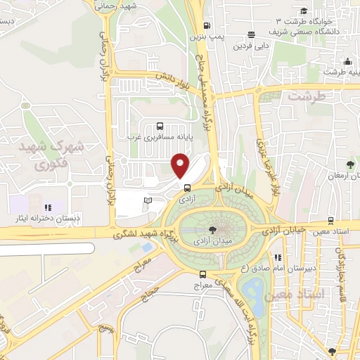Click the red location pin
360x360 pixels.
point(181,165)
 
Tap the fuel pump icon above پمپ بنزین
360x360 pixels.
point(197,23)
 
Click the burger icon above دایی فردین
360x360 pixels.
point(251,34)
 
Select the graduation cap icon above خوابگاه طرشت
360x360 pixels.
point(303,11)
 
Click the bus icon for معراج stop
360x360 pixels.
point(202,275)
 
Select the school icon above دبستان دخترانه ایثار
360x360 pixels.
point(49,207)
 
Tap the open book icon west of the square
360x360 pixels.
point(147,202)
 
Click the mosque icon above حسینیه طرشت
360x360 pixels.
point(347,60)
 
